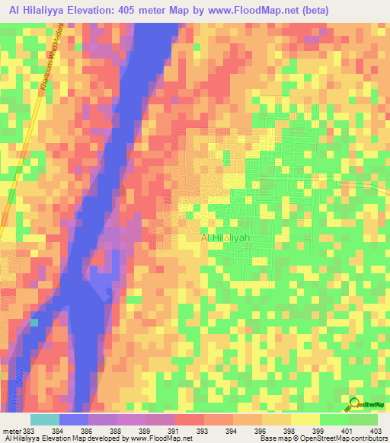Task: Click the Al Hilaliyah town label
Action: tap(225, 238)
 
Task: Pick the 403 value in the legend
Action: tap(375, 430)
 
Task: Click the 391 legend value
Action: tap(174, 430)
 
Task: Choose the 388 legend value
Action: tap(117, 430)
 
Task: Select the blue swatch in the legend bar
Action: tap(74, 419)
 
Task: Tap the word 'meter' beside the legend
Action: tap(11, 430)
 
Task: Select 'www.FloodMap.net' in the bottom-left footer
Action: tap(161, 439)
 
